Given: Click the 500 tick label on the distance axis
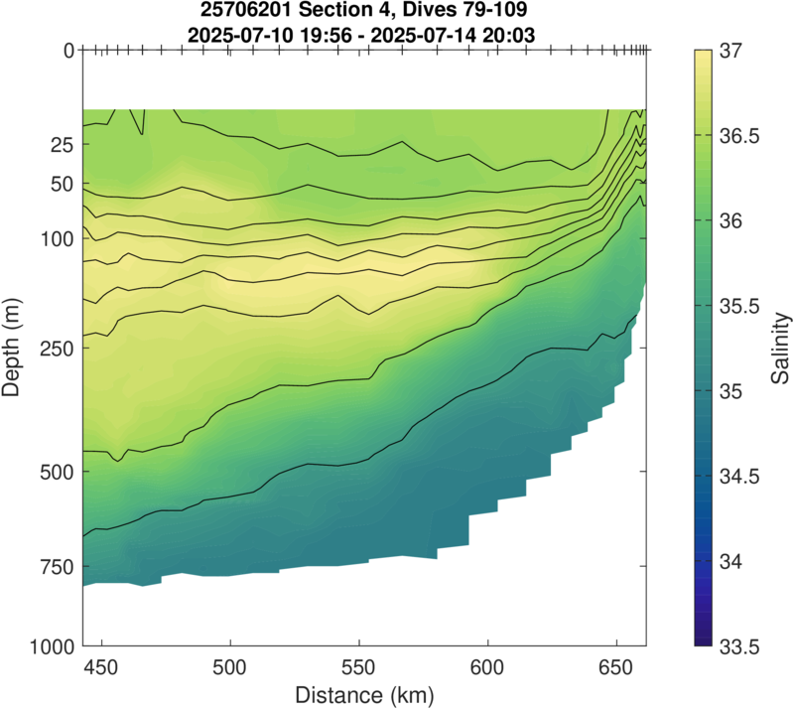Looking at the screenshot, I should pyautogui.click(x=229, y=666).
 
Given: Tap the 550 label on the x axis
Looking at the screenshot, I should pyautogui.click(x=358, y=666).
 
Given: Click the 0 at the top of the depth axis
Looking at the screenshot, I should pyautogui.click(x=68, y=50).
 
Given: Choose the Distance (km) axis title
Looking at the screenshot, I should pyautogui.click(x=363, y=691).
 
